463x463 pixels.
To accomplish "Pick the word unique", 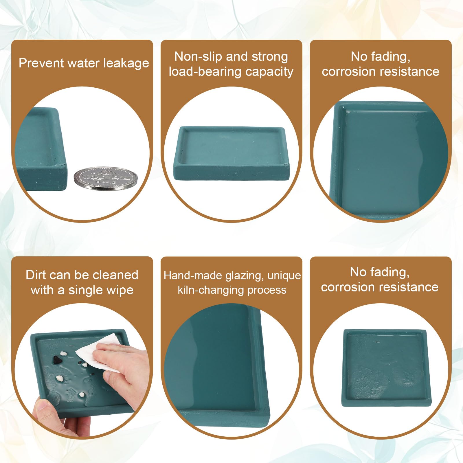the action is tap(284, 276).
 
